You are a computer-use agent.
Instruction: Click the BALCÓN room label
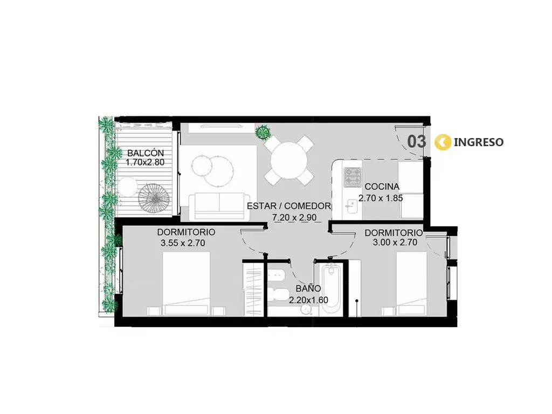click(146, 153)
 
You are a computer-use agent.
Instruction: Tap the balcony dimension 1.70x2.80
click(145, 163)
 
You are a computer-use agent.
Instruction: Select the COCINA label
click(382, 187)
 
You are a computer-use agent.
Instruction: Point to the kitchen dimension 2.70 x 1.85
click(381, 198)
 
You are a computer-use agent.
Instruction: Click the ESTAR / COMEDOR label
click(289, 206)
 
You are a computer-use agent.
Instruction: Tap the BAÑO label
click(308, 289)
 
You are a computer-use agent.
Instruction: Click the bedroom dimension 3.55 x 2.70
click(183, 243)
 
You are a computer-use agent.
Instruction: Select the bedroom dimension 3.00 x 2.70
click(395, 242)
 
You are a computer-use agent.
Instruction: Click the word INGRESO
click(479, 142)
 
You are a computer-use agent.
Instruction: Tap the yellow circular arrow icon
click(443, 142)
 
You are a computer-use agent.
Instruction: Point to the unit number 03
click(417, 142)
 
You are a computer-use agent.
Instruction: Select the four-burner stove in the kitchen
click(353, 177)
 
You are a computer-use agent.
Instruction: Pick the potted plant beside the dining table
click(263, 133)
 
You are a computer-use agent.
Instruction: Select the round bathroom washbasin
click(306, 310)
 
